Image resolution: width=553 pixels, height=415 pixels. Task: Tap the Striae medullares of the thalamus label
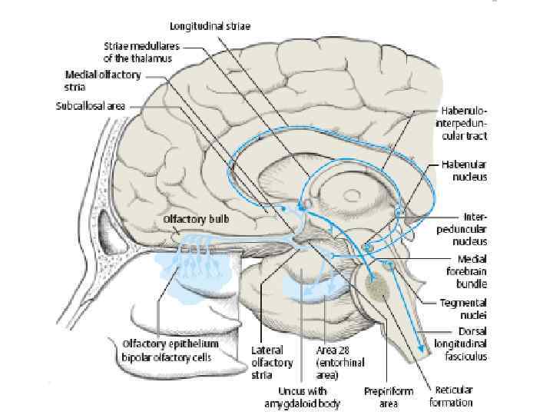coord(141,51)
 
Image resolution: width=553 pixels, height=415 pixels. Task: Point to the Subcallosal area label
coord(90,106)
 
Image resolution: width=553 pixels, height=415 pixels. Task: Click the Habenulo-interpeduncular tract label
coord(461,124)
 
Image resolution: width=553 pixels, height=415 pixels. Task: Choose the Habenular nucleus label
coord(463,170)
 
